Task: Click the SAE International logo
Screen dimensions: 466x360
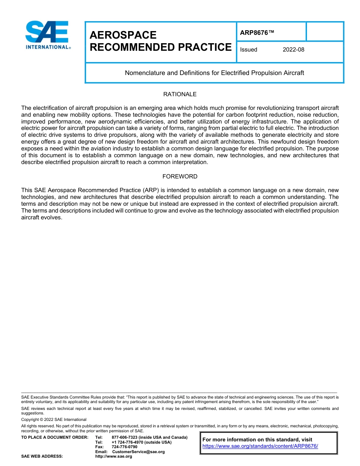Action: pyautogui.click(x=47, y=35)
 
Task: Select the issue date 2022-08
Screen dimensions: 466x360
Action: pyautogui.click(x=293, y=50)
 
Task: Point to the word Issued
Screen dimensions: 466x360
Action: pyautogui.click(x=249, y=50)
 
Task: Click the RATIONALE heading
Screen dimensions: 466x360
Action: pyautogui.click(x=180, y=94)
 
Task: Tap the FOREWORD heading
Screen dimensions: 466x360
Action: pyautogui.click(x=180, y=176)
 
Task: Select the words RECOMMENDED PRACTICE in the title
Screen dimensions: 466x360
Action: pyautogui.click(x=160, y=47)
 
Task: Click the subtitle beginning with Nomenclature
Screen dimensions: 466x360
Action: pyautogui.click(x=214, y=73)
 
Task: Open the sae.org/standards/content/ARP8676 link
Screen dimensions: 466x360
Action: pyautogui.click(x=260, y=446)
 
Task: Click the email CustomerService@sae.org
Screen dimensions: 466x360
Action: pyautogui.click(x=138, y=452)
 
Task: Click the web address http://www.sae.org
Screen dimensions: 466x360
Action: pyautogui.click(x=113, y=456)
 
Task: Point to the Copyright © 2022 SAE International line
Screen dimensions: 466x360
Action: pyautogui.click(x=54, y=419)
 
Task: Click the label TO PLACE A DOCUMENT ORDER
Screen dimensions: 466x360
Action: pyautogui.click(x=55, y=437)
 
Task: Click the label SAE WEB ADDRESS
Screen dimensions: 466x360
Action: pyautogui.click(x=42, y=456)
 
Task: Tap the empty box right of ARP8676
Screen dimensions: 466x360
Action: pyautogui.click(x=324, y=31)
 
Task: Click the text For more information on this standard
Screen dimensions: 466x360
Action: pyautogui.click(x=257, y=439)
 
